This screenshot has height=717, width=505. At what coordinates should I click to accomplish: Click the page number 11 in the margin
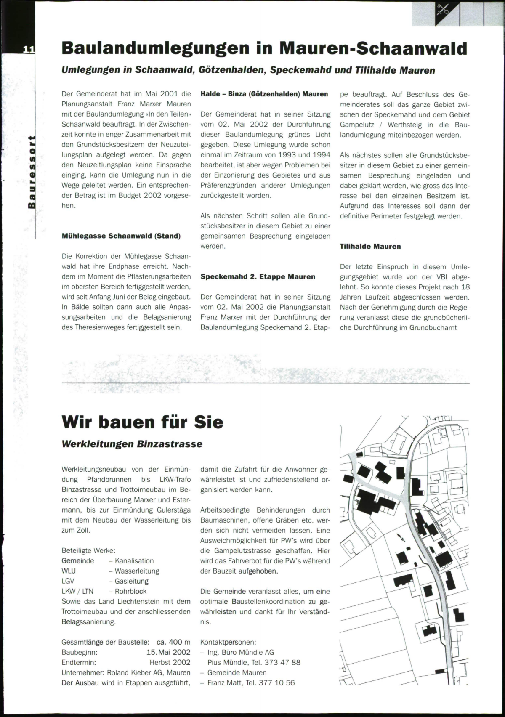(x=28, y=49)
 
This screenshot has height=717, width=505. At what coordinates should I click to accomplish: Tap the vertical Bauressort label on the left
(x=31, y=173)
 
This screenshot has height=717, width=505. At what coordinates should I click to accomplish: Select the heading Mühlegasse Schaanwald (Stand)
(x=121, y=236)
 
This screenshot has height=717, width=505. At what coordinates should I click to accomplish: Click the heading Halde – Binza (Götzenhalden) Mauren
(x=264, y=94)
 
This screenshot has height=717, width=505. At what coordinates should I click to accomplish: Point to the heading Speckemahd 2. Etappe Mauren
(x=258, y=277)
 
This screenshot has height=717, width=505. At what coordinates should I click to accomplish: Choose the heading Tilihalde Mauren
(x=370, y=247)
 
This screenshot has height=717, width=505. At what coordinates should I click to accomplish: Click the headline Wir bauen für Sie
(x=142, y=422)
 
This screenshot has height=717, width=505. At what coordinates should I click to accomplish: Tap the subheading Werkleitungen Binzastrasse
(x=132, y=444)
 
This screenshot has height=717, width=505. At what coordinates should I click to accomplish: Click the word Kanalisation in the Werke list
(x=134, y=561)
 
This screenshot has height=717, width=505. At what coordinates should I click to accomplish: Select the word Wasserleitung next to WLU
(x=137, y=571)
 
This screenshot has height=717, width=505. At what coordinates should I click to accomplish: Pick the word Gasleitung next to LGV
(x=131, y=581)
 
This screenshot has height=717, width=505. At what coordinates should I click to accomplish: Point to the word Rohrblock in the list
(x=130, y=591)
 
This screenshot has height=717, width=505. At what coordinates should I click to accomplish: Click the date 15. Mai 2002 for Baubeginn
(x=168, y=652)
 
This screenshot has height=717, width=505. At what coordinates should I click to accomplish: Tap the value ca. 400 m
(x=173, y=642)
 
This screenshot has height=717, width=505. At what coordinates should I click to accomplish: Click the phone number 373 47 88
(x=282, y=662)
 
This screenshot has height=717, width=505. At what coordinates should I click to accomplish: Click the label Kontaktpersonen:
(x=228, y=642)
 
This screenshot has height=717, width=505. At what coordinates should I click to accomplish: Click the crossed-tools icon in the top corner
(x=444, y=9)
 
